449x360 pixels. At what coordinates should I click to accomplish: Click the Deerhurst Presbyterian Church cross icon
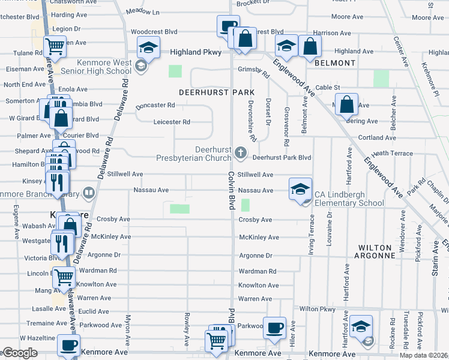click(x=241, y=152)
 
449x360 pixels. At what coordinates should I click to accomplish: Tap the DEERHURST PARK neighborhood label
click(x=217, y=92)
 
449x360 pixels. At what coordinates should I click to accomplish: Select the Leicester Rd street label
click(x=172, y=122)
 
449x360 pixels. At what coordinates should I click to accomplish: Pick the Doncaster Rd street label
click(x=155, y=105)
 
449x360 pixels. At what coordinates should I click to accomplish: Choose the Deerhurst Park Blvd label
click(x=282, y=158)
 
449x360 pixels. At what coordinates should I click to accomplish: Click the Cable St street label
click(x=328, y=88)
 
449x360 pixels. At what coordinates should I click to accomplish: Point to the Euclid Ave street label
click(x=93, y=311)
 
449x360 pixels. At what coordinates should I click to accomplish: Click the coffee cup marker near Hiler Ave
click(x=274, y=328)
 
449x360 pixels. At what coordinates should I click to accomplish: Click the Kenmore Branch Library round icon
click(x=89, y=193)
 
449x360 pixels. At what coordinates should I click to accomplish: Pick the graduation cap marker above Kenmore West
click(x=148, y=47)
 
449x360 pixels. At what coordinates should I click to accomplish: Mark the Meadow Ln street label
click(x=143, y=11)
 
